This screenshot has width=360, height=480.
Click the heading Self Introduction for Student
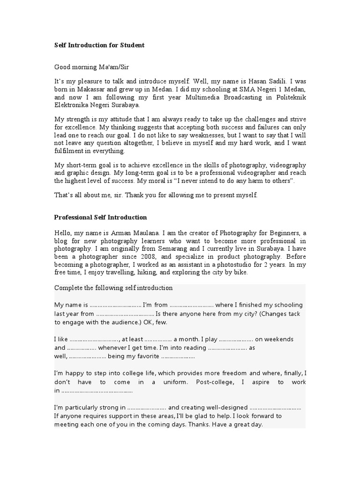pos(99,45)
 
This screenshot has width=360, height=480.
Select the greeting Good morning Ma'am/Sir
pos(88,67)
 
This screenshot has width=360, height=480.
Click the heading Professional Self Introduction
pos(101,217)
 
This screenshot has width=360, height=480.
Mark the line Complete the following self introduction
pos(114,287)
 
